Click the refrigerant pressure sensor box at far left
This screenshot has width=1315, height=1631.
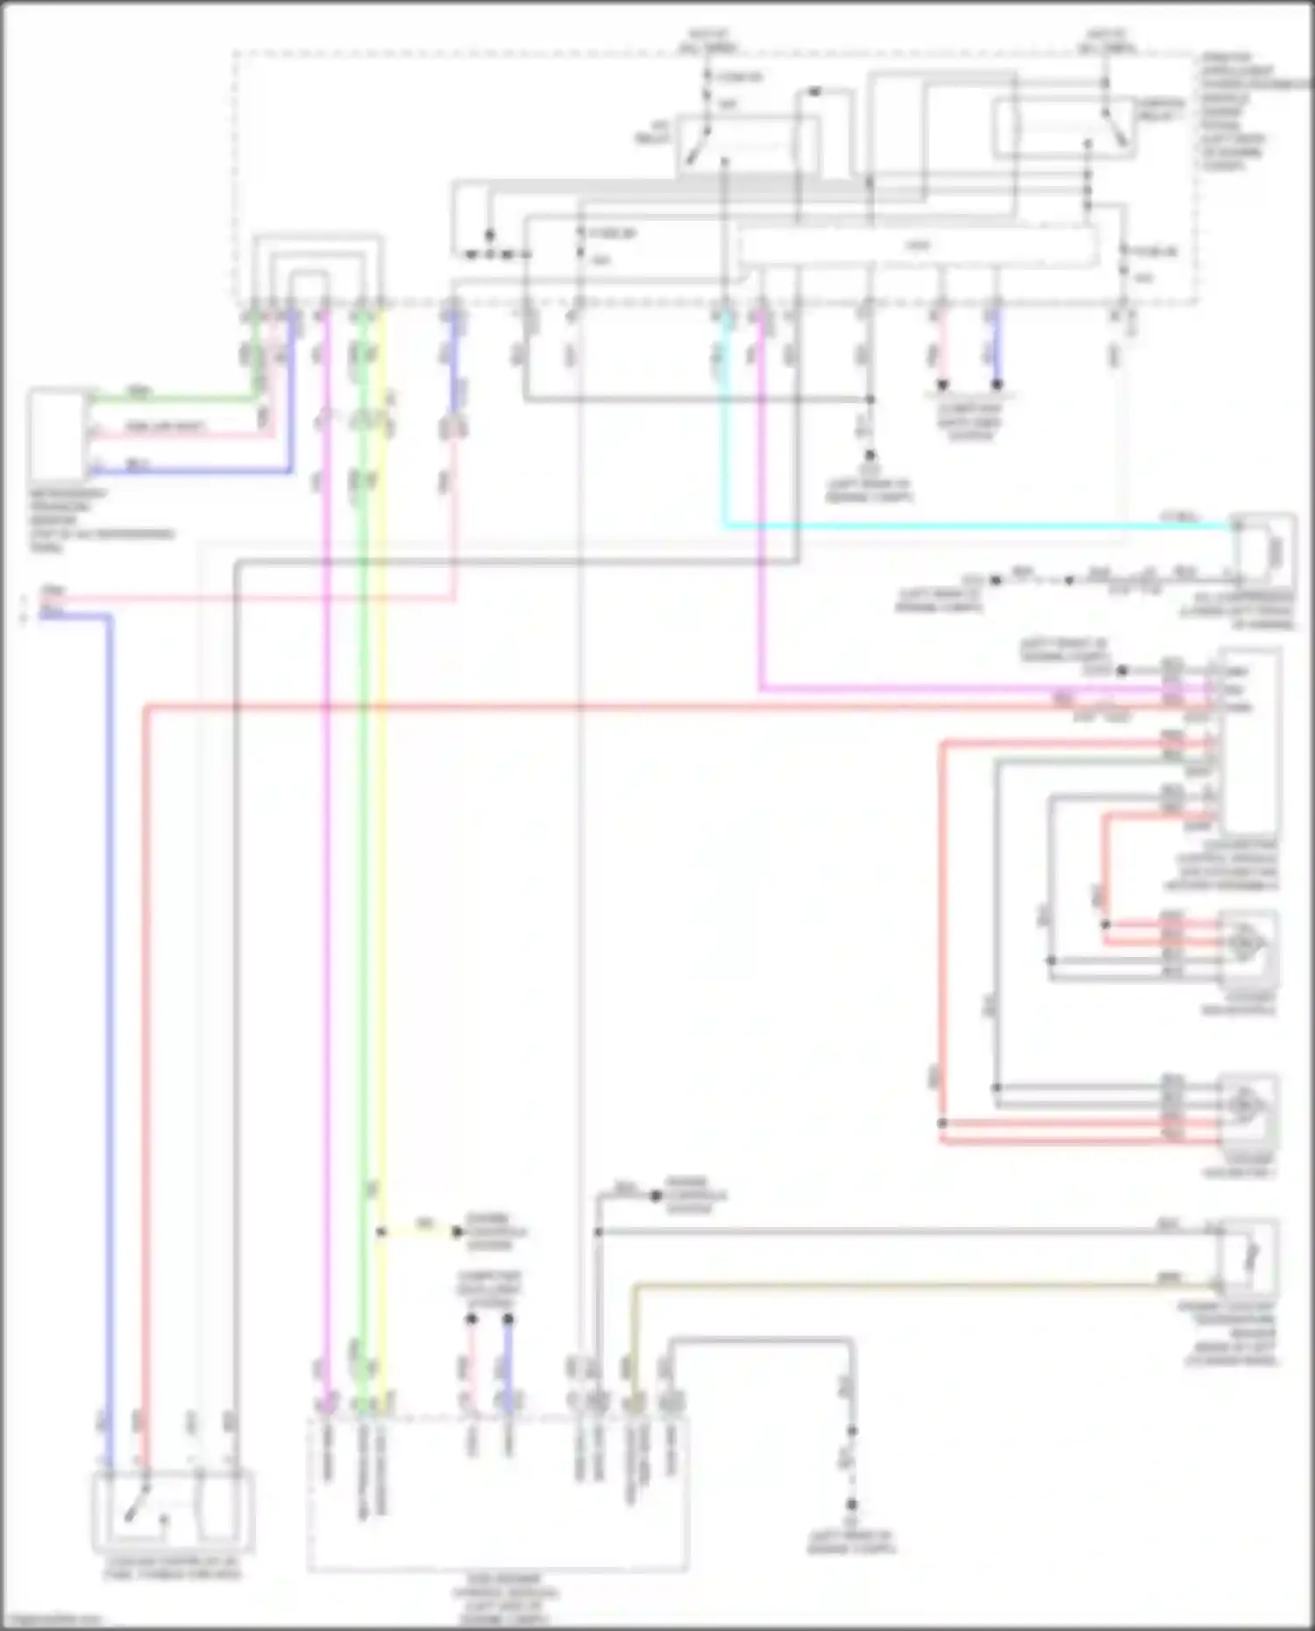tap(57, 435)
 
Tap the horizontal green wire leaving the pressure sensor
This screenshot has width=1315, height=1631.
tap(175, 400)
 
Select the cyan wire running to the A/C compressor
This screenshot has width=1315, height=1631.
tap(964, 527)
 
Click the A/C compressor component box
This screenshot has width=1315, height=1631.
tap(1263, 551)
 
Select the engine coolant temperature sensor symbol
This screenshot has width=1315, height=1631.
tap(1250, 1258)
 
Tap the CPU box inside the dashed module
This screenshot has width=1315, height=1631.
tap(917, 246)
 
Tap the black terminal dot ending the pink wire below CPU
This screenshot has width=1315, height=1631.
tap(943, 385)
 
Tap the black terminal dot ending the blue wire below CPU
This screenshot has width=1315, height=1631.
tap(996, 385)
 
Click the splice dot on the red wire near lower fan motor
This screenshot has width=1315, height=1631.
tap(942, 1123)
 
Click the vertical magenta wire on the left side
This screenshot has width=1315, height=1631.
tap(326, 876)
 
